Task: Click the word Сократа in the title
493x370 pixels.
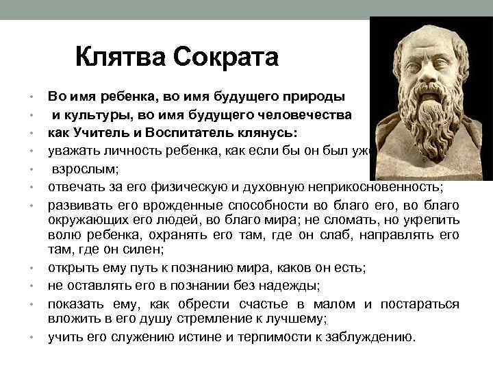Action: tap(226, 57)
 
